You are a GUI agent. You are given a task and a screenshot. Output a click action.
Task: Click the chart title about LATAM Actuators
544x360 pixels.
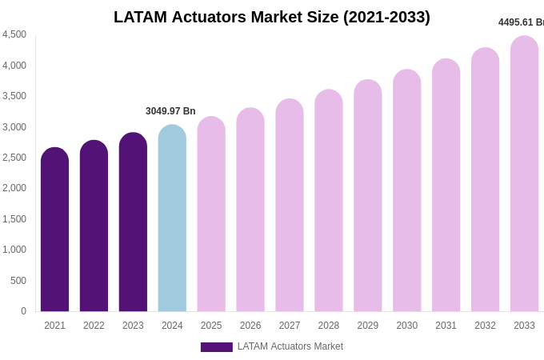[x=272, y=17]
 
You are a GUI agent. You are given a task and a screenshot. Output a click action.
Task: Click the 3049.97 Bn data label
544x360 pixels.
[x=170, y=111]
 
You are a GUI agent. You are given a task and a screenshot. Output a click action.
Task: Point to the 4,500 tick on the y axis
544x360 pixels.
[x=14, y=34]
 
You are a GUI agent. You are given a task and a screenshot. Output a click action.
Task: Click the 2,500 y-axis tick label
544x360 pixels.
[x=14, y=158]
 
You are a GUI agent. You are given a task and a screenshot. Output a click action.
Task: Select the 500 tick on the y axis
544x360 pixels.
[x=18, y=281]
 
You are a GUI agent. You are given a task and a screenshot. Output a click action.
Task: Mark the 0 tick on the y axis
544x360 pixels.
[x=23, y=311]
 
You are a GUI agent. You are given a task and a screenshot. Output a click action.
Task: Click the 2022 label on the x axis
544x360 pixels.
[x=94, y=326]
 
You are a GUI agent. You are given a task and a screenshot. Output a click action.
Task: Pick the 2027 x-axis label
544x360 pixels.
[x=290, y=326]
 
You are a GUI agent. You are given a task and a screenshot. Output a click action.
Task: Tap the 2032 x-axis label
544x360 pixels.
[x=485, y=326]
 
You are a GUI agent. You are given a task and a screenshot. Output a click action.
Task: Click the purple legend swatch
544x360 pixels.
[x=216, y=347]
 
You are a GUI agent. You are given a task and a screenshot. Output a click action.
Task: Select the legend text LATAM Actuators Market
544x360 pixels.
[x=290, y=346]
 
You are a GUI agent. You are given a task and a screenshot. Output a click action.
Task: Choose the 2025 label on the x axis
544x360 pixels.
[x=211, y=326]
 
